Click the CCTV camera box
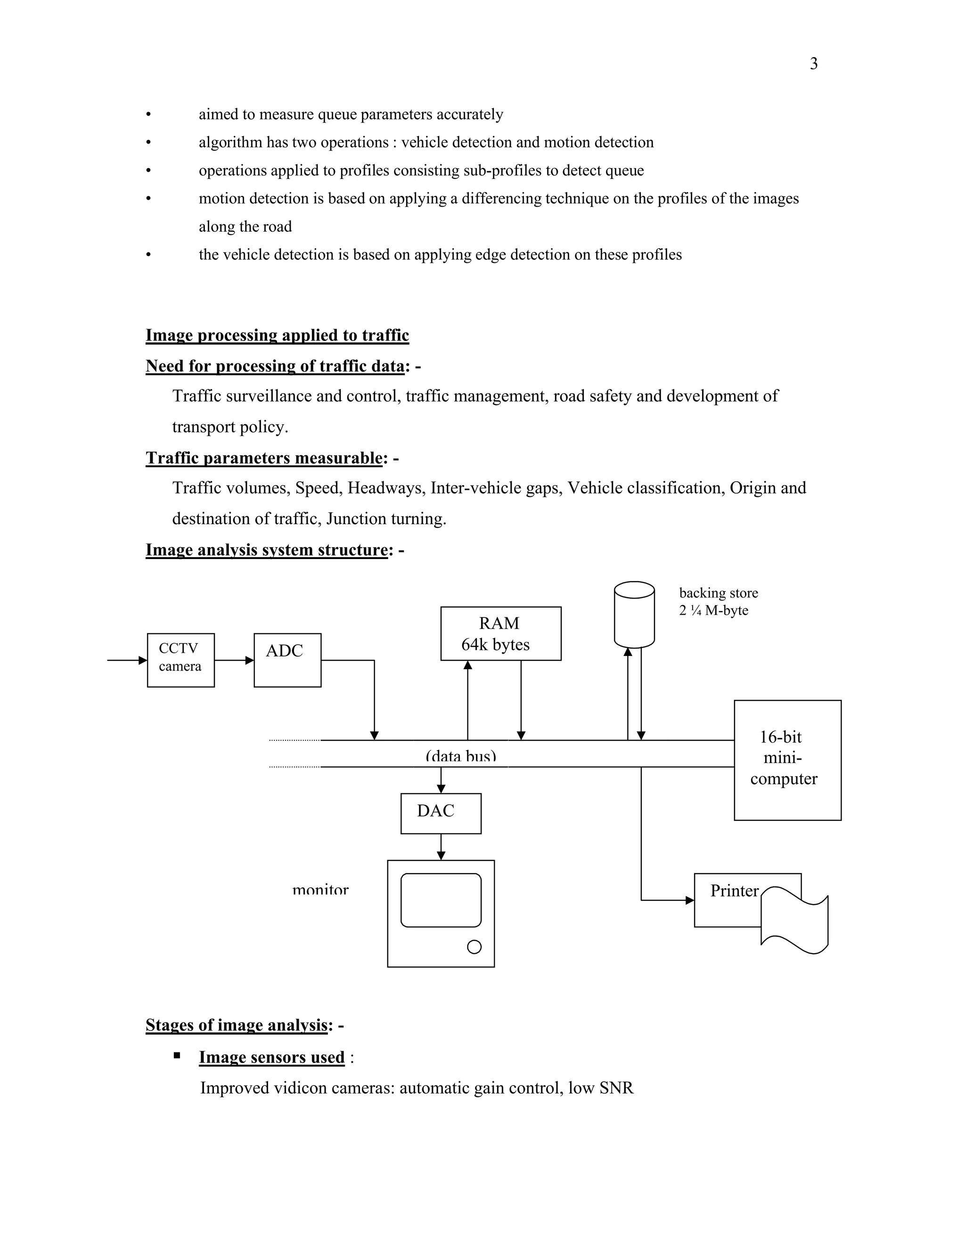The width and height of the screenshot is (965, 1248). coord(180,660)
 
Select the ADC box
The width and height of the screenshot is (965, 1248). coord(287,660)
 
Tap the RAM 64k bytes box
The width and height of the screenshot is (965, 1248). coord(501,633)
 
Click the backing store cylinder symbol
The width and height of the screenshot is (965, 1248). coord(634,614)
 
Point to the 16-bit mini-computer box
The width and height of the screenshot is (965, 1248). coord(787,760)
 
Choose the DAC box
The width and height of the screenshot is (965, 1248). coord(441,813)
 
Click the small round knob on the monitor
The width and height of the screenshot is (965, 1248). coord(474,947)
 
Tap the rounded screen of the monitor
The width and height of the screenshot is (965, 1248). coord(441,900)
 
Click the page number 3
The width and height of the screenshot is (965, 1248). coord(813,64)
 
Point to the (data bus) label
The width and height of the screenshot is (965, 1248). coord(461,756)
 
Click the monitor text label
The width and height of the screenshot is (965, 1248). coord(320,890)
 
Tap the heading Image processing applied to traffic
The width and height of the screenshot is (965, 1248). coord(277,335)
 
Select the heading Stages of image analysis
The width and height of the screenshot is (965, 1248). coord(237,1025)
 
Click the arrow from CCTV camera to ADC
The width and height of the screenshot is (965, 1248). coord(234,660)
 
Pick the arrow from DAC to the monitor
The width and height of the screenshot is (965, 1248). coord(441,847)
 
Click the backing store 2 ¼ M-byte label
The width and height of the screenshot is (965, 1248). coord(718,601)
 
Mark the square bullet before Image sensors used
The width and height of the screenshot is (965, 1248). coord(177,1055)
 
